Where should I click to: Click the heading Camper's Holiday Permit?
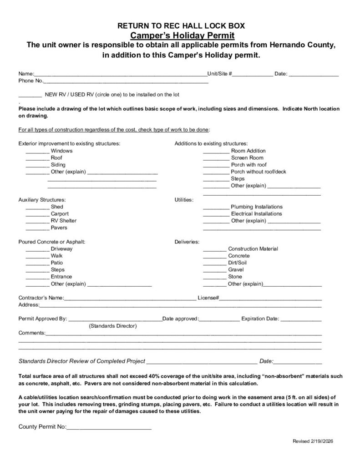tap(183, 35)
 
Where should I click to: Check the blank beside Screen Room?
tap(216, 159)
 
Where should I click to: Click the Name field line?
tap(120, 75)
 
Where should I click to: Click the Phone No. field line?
tap(126, 82)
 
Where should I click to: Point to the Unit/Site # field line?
tap(253, 75)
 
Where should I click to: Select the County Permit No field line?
tap(109, 428)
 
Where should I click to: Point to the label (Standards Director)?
tap(113, 326)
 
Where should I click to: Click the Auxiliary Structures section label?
tap(42, 200)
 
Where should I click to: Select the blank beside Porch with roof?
tap(216, 166)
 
